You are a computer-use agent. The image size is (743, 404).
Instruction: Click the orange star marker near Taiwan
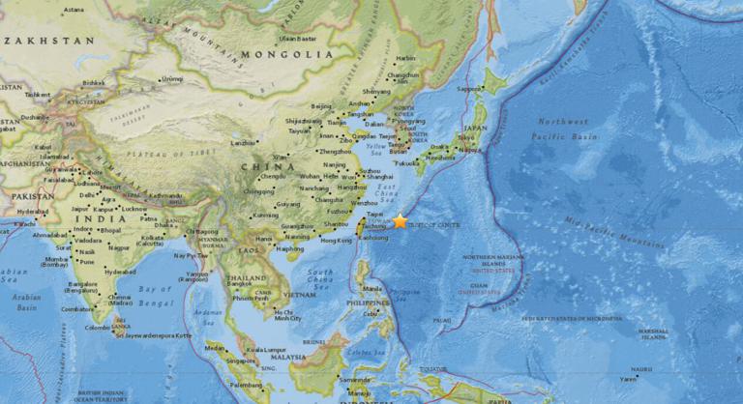(400, 221)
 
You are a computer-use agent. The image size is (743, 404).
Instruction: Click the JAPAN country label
(475, 128)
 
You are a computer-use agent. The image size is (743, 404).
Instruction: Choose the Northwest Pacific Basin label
(563, 129)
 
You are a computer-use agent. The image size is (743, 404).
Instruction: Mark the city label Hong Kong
(336, 240)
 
